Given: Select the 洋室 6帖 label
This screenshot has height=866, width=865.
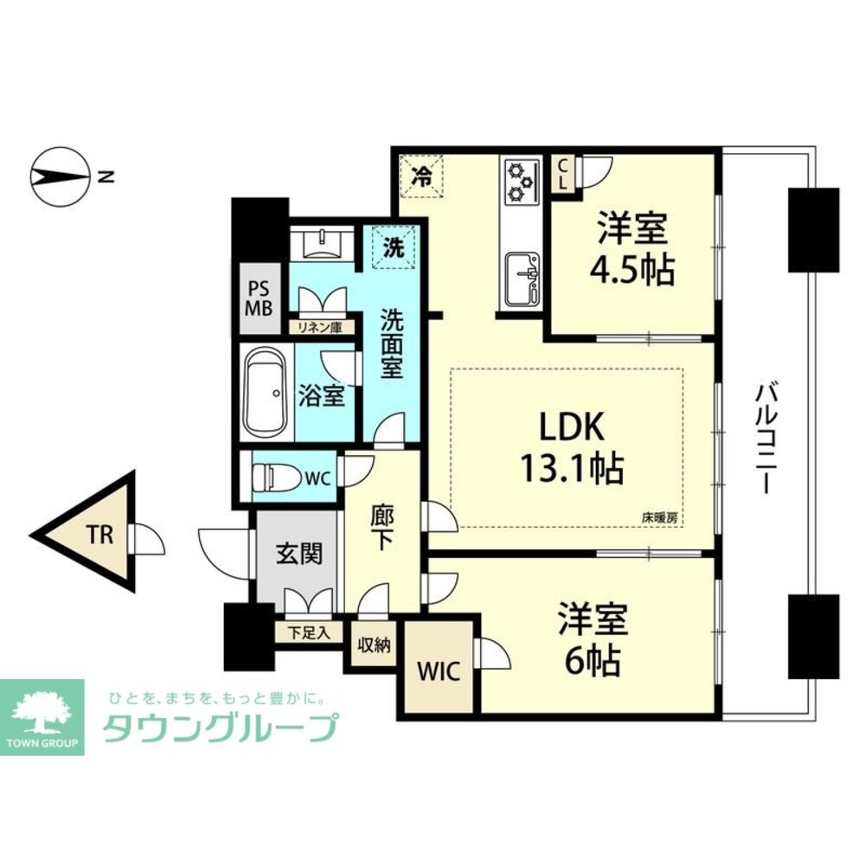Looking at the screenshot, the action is tap(593, 640).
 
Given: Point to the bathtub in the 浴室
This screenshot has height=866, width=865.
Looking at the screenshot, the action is tap(266, 392).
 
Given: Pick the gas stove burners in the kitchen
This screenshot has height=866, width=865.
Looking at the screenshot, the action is tap(522, 181).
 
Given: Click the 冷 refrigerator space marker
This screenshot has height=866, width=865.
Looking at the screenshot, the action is tap(421, 176).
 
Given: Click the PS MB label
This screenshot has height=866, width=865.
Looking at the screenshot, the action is tap(259, 298).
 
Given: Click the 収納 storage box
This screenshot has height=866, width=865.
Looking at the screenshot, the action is tap(375, 644).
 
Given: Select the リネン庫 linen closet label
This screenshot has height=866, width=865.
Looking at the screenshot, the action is tap(320, 327).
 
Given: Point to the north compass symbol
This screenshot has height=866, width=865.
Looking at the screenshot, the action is tap(61, 176).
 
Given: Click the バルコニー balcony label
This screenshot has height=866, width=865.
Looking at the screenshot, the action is tap(765, 439).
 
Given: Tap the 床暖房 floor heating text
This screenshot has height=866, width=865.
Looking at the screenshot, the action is tap(659, 518).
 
